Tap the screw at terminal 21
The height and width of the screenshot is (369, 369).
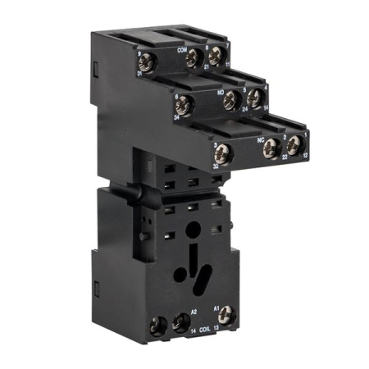(194, 57)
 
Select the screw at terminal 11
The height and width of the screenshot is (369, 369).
(216, 56)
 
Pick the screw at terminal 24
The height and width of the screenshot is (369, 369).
(231, 101)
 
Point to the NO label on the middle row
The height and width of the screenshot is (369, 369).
(221, 93)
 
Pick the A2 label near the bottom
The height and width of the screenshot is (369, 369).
(194, 312)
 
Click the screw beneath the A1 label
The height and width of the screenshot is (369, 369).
(228, 314)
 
